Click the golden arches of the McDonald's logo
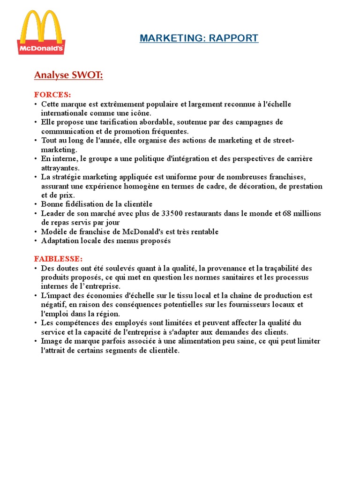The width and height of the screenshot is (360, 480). click(x=41, y=28)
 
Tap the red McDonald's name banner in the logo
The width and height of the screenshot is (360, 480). click(x=41, y=47)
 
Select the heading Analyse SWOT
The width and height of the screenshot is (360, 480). click(x=68, y=75)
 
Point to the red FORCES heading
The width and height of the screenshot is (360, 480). click(x=52, y=94)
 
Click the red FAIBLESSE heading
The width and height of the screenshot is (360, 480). click(x=58, y=259)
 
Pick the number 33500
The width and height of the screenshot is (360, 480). click(x=174, y=213)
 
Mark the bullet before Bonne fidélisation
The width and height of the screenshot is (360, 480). click(x=36, y=204)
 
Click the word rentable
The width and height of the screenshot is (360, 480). click(x=203, y=232)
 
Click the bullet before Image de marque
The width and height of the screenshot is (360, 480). click(x=36, y=341)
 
